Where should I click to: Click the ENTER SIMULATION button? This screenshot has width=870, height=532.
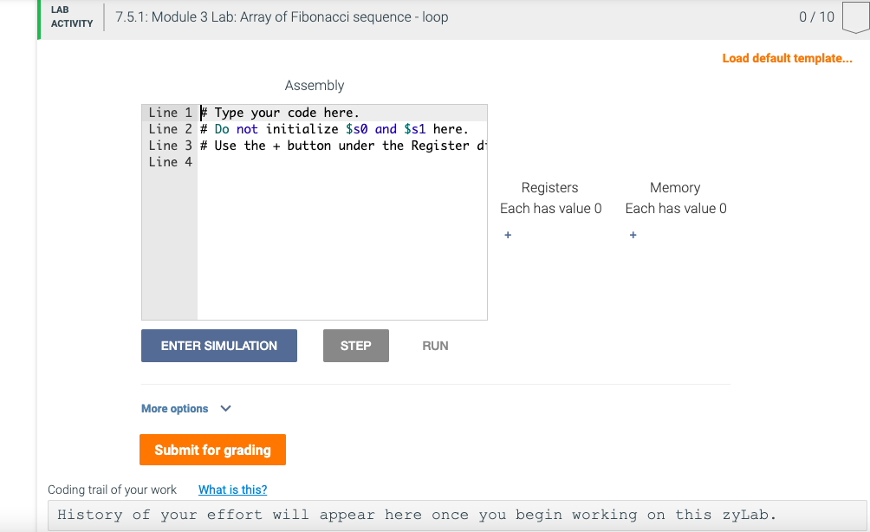(x=218, y=346)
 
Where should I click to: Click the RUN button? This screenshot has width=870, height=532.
(x=435, y=346)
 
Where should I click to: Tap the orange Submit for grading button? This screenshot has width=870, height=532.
(x=212, y=450)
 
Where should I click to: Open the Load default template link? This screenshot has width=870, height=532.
(x=787, y=58)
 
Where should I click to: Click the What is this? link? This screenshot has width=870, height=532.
(x=232, y=490)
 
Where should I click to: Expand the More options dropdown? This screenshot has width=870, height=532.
(x=186, y=408)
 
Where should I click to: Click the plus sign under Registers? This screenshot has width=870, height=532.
(x=508, y=235)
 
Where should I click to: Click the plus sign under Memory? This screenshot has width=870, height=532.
(x=633, y=235)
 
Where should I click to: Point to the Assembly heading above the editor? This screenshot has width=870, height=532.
(x=314, y=85)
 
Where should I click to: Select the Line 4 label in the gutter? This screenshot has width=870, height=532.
(x=170, y=162)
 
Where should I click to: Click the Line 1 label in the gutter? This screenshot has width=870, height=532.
(x=170, y=113)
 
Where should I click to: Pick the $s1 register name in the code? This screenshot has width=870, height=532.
(x=415, y=129)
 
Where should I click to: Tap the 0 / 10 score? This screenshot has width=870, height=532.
(x=816, y=16)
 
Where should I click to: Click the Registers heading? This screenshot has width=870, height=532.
(x=549, y=187)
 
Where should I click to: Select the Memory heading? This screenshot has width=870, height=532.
(x=674, y=187)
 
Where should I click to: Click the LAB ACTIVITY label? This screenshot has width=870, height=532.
(x=72, y=16)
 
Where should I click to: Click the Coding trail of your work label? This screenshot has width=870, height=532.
(x=112, y=490)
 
